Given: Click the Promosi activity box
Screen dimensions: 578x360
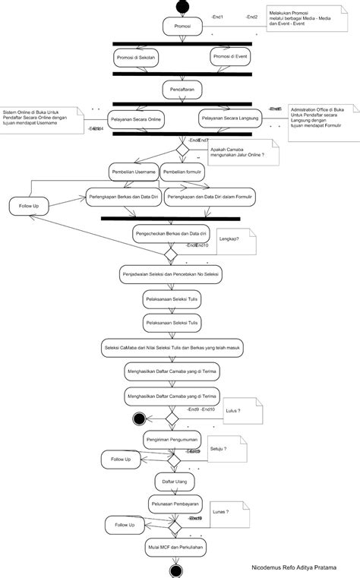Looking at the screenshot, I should (182, 27).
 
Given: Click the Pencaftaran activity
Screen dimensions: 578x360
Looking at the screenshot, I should (182, 89).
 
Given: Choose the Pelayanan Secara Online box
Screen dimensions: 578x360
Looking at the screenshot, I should (137, 120).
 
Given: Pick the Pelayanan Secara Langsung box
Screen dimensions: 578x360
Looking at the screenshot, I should (231, 120).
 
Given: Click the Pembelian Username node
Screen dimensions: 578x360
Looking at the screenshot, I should (133, 172).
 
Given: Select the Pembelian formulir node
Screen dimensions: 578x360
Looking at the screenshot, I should (182, 172).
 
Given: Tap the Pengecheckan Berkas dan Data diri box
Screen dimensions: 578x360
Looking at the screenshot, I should (171, 233).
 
